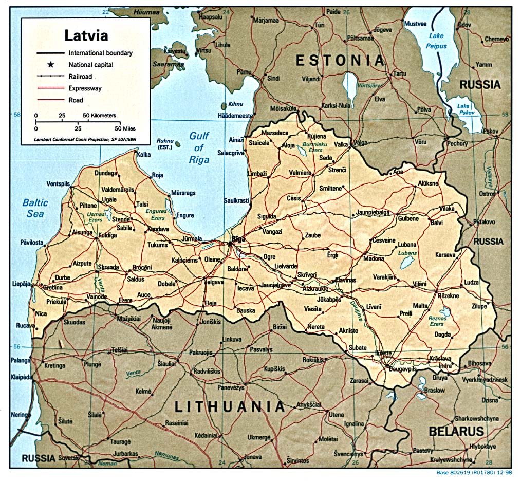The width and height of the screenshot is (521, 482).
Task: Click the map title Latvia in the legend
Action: (86, 35)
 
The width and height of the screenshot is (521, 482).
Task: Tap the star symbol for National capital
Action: (50, 65)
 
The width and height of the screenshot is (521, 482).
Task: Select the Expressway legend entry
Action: (85, 88)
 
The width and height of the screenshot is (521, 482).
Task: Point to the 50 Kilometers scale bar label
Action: (99, 116)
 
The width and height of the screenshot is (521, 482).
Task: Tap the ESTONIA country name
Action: (340, 61)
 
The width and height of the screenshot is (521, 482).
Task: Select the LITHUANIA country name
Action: (230, 407)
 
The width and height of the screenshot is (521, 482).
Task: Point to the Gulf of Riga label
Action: (199, 148)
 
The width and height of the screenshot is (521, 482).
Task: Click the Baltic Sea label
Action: (35, 208)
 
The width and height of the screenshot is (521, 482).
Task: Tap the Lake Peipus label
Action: (436, 41)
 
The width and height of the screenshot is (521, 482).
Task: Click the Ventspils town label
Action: (58, 184)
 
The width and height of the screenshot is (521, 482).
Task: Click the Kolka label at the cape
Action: (144, 154)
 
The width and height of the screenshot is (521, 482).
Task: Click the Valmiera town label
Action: (300, 173)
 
